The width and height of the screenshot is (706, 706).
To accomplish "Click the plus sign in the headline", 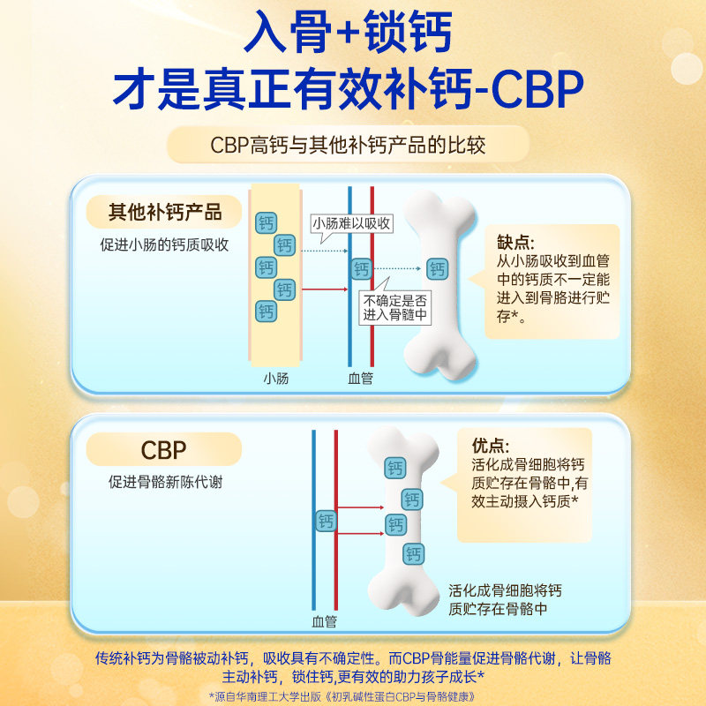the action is point(347,33).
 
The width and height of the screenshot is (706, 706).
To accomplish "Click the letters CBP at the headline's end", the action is point(537,89).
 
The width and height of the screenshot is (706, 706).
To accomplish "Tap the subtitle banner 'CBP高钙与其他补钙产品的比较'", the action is point(348,145).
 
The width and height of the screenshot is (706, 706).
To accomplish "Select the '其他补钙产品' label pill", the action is point(164,212).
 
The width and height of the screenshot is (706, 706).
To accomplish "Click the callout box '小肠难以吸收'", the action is point(351,223).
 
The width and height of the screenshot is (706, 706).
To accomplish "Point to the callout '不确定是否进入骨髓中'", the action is point(394,308).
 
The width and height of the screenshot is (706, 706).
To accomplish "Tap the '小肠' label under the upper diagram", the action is point(276,379).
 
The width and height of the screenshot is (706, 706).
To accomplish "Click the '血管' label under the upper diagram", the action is point(361,379).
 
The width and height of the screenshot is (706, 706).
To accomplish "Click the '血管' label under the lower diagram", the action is point(324,622).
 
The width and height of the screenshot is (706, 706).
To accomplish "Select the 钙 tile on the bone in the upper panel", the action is point(437,269).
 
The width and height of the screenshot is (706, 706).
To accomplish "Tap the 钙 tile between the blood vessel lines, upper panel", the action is point(362,269).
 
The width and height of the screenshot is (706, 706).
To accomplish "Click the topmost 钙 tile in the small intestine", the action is point(267,223).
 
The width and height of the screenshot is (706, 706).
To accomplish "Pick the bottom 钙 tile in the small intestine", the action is point(267,312).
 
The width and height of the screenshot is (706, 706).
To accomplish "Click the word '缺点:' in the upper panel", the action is point(515,242).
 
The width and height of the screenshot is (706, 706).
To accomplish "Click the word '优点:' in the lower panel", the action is point(491,446).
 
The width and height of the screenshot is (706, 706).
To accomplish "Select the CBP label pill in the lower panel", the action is point(164,449).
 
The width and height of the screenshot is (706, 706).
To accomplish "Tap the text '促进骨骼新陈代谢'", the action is point(165,482).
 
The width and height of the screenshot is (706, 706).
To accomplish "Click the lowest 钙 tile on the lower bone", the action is point(413,554).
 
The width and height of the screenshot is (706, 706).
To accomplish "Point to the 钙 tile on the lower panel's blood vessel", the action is point(326,521).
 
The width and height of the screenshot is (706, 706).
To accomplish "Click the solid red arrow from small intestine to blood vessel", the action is point(325,289).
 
